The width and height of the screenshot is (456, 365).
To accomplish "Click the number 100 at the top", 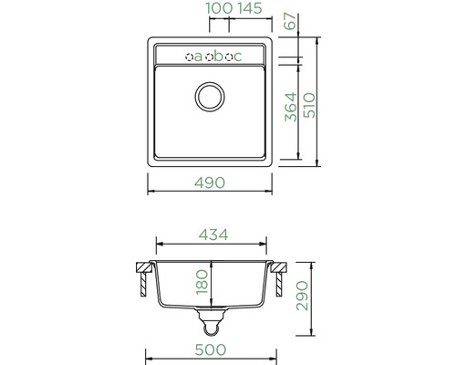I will (193, 8).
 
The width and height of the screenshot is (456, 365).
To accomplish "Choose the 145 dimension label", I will (225, 8).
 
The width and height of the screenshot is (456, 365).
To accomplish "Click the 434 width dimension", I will (212, 234).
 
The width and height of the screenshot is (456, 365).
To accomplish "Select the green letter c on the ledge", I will (240, 57).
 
